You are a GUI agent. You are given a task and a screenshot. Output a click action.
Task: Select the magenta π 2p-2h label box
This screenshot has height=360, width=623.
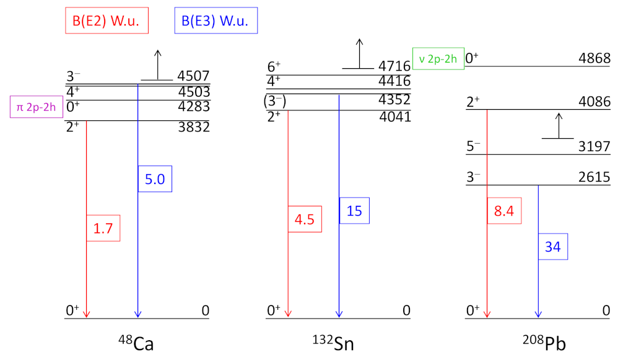[37, 106]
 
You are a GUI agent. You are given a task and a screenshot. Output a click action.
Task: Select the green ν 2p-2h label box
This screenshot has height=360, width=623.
[438, 59]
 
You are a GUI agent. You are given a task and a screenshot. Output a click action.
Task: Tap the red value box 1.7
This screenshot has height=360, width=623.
[102, 228]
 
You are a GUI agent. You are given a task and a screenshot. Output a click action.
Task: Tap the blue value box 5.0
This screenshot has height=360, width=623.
[155, 179]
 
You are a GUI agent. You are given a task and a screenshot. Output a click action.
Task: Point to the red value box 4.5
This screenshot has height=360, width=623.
[305, 220]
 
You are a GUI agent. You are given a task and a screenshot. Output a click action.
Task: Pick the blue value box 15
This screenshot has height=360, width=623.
[355, 211]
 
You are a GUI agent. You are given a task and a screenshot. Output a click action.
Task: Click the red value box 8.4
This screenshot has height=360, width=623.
[505, 210]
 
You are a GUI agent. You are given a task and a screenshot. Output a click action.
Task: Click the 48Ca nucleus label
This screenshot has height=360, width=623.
[136, 343]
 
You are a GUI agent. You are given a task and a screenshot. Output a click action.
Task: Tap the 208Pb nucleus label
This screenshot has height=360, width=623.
[538, 343]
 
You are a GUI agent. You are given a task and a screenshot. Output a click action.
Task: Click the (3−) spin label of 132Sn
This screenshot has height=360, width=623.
[275, 100]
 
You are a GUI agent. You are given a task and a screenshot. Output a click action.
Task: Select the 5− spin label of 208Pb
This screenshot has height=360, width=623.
[474, 147]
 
